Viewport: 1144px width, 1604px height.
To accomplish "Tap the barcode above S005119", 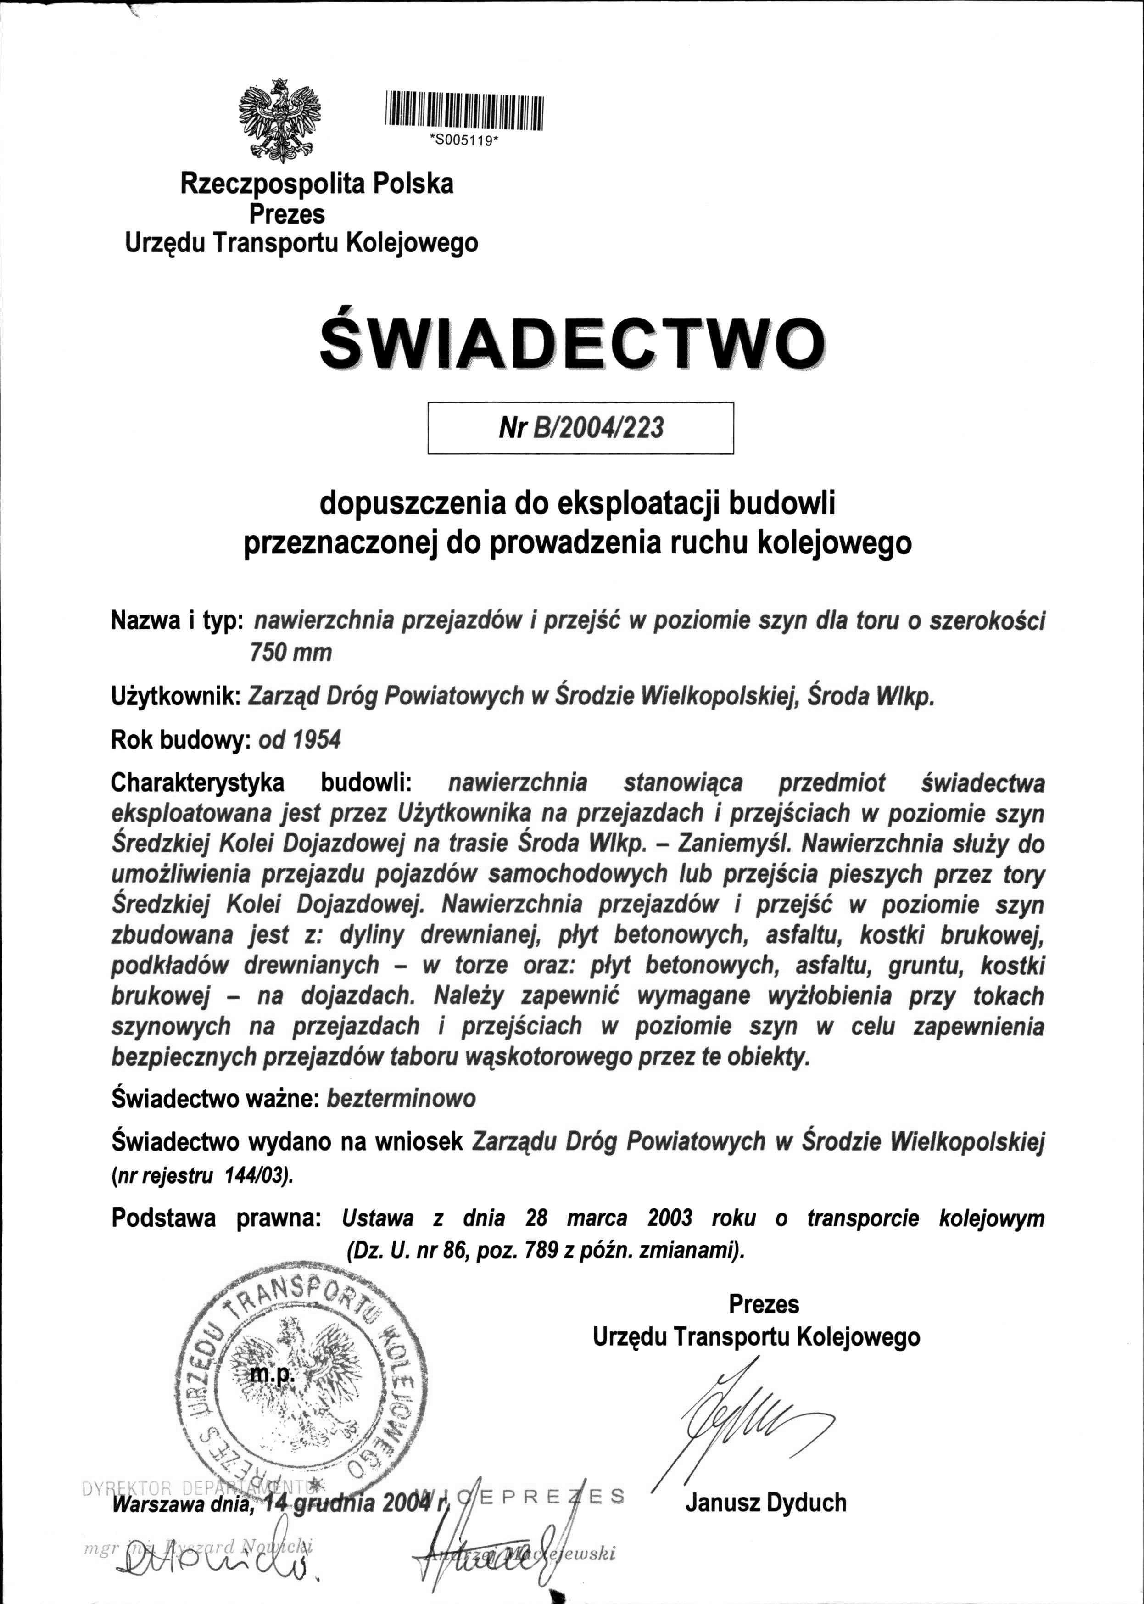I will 465,112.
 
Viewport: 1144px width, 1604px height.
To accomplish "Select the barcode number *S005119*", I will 464,140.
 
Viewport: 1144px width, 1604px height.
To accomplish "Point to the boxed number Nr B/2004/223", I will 580,428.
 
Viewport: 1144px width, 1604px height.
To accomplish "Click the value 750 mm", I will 290,652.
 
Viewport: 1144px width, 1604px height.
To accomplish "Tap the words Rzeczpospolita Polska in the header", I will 317,184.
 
